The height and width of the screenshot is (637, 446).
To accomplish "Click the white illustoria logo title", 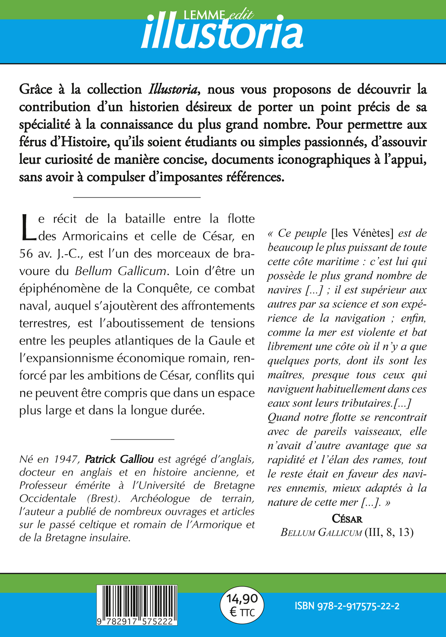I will [x=222, y=35].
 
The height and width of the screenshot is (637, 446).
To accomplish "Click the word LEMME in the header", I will [x=204, y=15].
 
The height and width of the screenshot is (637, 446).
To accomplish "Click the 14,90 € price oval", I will [x=242, y=605].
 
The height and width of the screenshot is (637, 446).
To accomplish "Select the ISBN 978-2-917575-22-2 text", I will [x=347, y=606].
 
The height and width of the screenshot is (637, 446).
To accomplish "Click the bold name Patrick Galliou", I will [x=119, y=459].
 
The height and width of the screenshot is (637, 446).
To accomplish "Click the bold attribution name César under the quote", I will [x=347, y=519].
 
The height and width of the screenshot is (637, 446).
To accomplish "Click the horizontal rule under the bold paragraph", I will [x=137, y=197].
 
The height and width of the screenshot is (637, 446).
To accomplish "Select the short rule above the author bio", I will [x=142, y=439].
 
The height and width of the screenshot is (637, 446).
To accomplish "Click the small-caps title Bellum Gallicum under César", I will [x=321, y=532].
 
